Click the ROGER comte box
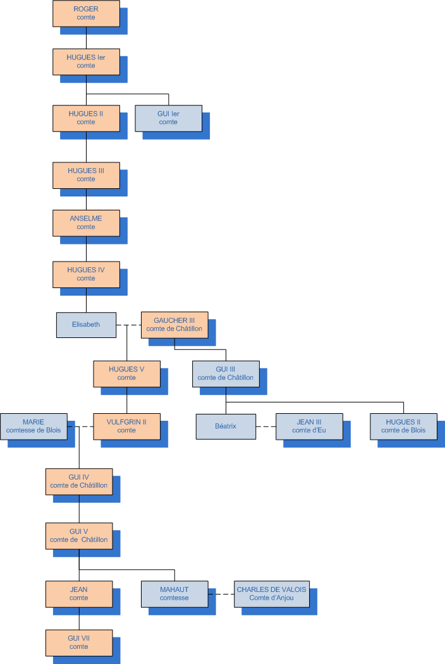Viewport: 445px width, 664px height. pyautogui.click(x=86, y=13)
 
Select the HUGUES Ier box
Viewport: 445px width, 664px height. pyautogui.click(x=86, y=61)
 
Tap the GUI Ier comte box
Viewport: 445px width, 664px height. pyautogui.click(x=168, y=118)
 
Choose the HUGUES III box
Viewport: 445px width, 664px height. pyautogui.click(x=86, y=175)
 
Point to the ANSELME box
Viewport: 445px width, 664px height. pyautogui.click(x=86, y=222)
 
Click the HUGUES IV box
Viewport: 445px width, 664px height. pyautogui.click(x=86, y=274)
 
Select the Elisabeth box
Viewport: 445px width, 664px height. pyautogui.click(x=86, y=324)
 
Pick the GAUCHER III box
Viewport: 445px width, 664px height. pyautogui.click(x=174, y=324)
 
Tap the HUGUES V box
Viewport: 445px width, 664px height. pyautogui.click(x=126, y=373)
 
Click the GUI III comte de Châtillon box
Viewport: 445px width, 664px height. pyautogui.click(x=226, y=373)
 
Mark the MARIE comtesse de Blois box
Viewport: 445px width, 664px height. pyautogui.click(x=34, y=426)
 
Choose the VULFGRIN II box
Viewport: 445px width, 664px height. pyautogui.click(x=126, y=426)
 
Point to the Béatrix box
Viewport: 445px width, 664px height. pyautogui.click(x=226, y=426)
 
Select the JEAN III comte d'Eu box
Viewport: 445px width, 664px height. pyautogui.click(x=309, y=426)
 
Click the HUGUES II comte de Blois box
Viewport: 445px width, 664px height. pyautogui.click(x=403, y=426)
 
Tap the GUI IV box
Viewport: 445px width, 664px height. pyautogui.click(x=79, y=481)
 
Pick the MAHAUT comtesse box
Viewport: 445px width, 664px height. pyautogui.click(x=174, y=594)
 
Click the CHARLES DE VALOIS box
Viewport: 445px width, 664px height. pyautogui.click(x=271, y=594)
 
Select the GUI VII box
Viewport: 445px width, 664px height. pyautogui.click(x=79, y=643)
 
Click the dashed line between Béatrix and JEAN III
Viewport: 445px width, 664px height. pyautogui.click(x=266, y=426)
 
